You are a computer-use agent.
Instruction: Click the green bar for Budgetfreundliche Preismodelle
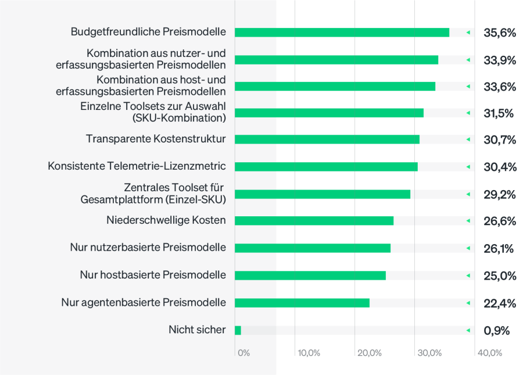coord(342,33)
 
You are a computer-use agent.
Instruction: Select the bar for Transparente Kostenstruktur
coord(327,140)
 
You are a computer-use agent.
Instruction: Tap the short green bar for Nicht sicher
coord(238,330)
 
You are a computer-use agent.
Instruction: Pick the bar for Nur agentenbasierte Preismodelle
coord(302,303)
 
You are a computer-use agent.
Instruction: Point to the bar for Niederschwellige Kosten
coord(314,221)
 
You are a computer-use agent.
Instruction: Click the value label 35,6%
coord(499,33)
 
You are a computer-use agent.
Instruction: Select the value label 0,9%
coord(496,330)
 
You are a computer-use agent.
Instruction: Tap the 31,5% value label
coord(499,113)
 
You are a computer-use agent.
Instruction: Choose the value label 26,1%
coord(498,248)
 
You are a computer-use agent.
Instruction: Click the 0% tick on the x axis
coord(243,353)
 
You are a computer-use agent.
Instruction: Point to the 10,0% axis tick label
coord(308,353)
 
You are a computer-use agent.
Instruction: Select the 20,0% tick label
coord(369,353)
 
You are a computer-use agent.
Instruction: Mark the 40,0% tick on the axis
coord(489,353)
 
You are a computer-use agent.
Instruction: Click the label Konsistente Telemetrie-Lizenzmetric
coord(137,166)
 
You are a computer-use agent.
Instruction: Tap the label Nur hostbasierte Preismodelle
coord(153,275)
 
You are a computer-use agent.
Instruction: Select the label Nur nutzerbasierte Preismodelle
coord(148,248)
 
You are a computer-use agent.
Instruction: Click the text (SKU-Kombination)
coord(179,118)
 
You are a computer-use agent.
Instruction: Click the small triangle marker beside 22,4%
coord(468,303)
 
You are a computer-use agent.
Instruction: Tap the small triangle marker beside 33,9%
coord(468,60)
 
